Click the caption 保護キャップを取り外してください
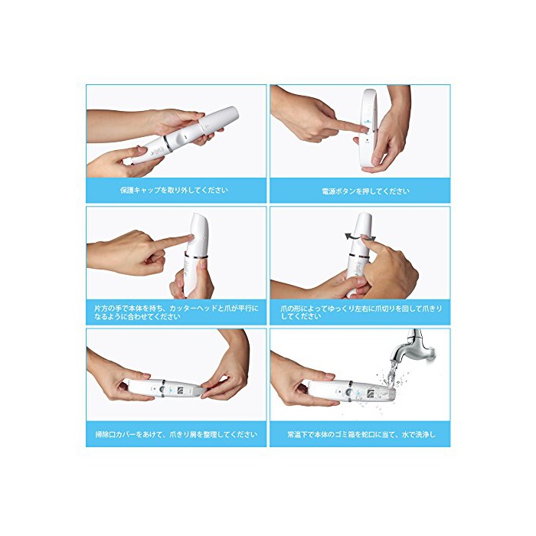[174, 190]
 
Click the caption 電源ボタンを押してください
[365, 191]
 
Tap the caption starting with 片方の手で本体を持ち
[176, 312]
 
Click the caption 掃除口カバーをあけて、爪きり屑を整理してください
[176, 434]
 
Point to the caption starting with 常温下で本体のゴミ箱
[361, 434]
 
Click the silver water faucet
[413, 348]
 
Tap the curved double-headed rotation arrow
[360, 237]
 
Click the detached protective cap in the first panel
[218, 121]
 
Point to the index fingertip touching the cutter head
[188, 237]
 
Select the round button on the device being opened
[162, 389]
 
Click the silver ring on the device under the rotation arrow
[358, 255]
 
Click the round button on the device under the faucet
[349, 392]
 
